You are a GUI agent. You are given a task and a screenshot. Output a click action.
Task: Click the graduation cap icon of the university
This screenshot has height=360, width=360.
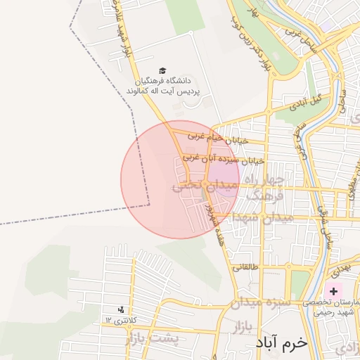tap(163, 71)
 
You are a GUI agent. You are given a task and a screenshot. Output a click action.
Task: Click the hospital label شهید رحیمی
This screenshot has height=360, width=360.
tap(333, 311)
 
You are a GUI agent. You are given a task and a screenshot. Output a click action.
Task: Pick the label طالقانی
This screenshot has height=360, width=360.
tap(246, 267)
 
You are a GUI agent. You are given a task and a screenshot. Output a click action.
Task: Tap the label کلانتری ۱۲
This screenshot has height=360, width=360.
tap(118, 320)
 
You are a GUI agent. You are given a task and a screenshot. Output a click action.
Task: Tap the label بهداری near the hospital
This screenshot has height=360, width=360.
tap(338, 270)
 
